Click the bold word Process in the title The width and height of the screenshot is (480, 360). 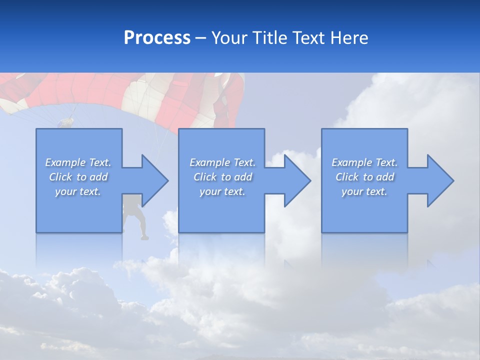pos(157,38)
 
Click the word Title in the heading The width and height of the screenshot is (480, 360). pos(270,38)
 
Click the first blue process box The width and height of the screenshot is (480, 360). pos(79,210)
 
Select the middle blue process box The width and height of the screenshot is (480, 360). pos(221,210)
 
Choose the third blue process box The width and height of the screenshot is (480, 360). pos(364,210)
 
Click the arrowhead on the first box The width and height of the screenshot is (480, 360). pos(153,180)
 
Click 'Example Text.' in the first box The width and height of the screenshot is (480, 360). pos(78,162)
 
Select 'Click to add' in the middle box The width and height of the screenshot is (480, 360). pos(222,177)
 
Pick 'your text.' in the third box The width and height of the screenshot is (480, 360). pos(364,191)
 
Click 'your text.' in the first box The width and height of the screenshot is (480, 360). pos(78,191)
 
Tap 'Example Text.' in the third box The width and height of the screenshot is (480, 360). pos(364,162)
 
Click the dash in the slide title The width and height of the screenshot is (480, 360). pos(201,38)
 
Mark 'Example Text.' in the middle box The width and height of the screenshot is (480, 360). pos(222,162)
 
